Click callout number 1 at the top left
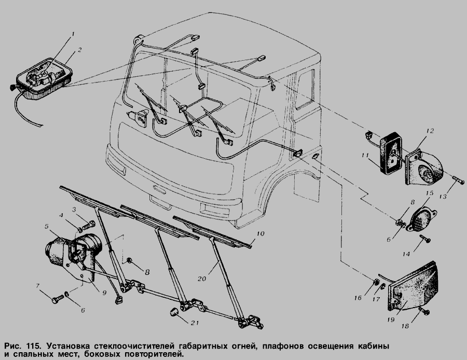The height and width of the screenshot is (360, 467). (72, 34)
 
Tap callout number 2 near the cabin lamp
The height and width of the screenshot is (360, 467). (79, 50)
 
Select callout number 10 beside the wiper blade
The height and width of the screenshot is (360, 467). (260, 234)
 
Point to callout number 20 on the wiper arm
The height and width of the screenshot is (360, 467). (202, 279)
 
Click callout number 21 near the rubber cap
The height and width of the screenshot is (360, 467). (195, 323)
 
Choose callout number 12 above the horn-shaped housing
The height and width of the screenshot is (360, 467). (430, 131)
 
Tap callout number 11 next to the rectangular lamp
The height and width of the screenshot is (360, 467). (365, 156)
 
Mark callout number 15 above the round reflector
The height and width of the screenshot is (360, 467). (429, 193)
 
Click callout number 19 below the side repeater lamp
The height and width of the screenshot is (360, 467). (391, 320)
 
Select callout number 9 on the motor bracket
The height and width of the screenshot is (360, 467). (104, 293)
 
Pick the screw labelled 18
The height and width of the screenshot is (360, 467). (424, 311)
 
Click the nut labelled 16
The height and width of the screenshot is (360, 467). (376, 281)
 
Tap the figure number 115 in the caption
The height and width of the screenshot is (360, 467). (34, 347)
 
